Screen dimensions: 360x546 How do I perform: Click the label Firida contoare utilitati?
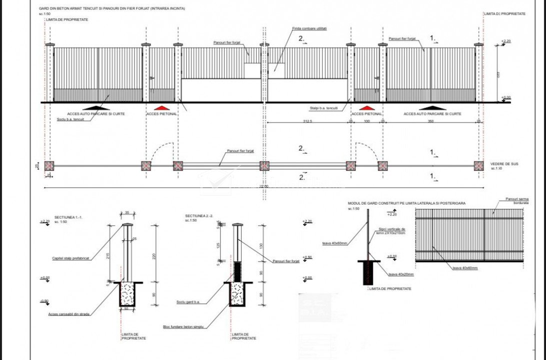click(x=310, y=28)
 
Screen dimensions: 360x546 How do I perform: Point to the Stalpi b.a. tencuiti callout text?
click(x=324, y=108)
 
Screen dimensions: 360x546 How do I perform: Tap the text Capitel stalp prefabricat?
click(x=70, y=258)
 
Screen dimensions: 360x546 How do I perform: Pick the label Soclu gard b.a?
click(x=188, y=301)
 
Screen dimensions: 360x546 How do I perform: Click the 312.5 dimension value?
click(x=307, y=121)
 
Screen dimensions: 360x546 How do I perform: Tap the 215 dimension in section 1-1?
click(x=108, y=255)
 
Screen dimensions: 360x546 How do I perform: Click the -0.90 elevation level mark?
click(x=45, y=300)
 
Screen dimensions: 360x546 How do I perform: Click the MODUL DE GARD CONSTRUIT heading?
click(x=407, y=203)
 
